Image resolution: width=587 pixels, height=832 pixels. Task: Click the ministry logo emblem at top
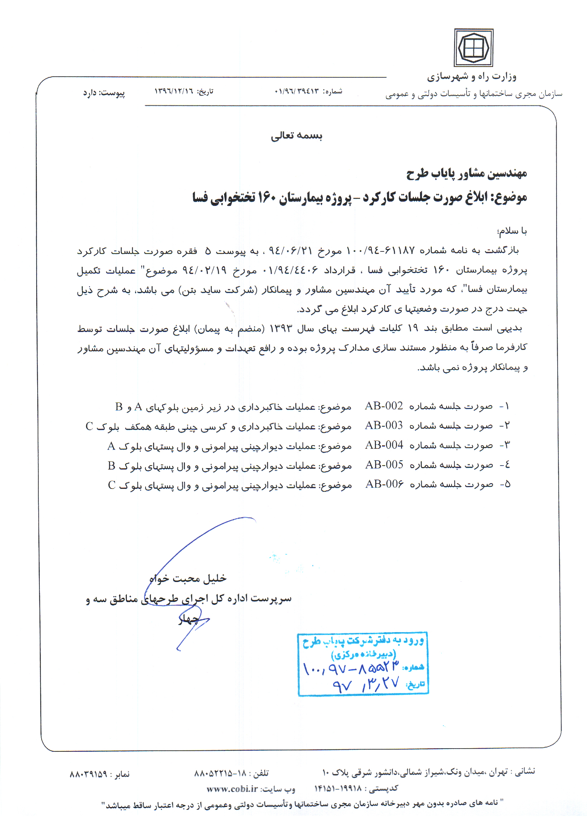[x=473, y=48]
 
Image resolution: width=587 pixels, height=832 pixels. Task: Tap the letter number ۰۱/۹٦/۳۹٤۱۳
[x=297, y=91]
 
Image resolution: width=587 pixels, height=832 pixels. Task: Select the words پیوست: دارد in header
[x=104, y=93]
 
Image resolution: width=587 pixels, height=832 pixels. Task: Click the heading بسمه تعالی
[x=296, y=135]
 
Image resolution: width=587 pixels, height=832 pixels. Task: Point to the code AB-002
[x=383, y=406]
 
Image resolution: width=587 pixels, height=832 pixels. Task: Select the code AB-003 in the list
[x=383, y=425]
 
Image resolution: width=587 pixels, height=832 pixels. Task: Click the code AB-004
[x=384, y=444]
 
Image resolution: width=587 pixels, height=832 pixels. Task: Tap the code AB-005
[x=384, y=464]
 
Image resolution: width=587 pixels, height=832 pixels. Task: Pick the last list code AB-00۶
[x=384, y=484]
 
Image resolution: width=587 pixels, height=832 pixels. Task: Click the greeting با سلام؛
[x=512, y=230]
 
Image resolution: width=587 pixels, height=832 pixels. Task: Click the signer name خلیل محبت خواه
[x=188, y=578]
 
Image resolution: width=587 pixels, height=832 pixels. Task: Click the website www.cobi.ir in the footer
[x=232, y=789]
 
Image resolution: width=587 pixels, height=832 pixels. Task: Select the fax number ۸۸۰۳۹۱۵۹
[x=89, y=774]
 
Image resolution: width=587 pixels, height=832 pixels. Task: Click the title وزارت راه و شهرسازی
[x=471, y=77]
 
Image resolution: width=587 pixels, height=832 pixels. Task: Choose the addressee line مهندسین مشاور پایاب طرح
[x=466, y=174]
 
